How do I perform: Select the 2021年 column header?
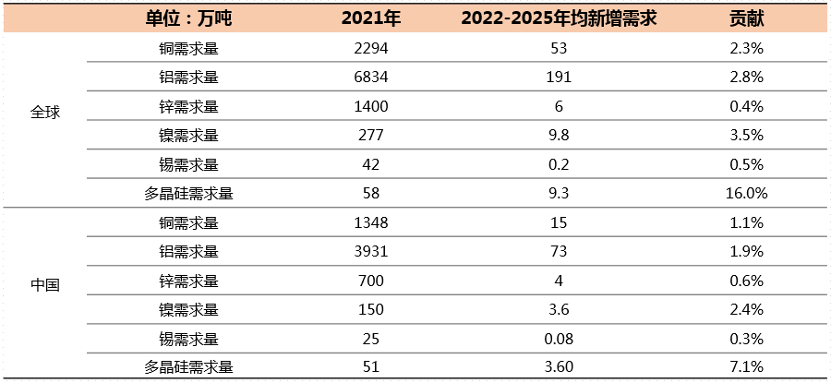371,18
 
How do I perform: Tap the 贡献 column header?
746,18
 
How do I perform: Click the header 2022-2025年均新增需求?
557,18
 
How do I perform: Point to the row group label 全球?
45,112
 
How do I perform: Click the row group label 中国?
45,285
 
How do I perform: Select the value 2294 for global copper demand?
371,48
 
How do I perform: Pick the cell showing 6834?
371,78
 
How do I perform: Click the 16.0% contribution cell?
746,194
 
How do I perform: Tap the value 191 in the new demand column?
557,78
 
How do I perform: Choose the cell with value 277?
371,136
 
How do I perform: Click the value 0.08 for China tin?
557,338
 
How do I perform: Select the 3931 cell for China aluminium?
371,251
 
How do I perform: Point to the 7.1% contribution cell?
746,367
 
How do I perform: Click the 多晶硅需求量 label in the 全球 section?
188,194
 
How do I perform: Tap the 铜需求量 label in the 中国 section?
188,222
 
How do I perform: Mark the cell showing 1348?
371,222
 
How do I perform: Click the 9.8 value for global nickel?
557,136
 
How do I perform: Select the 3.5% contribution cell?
746,136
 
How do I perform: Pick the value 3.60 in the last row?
557,367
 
